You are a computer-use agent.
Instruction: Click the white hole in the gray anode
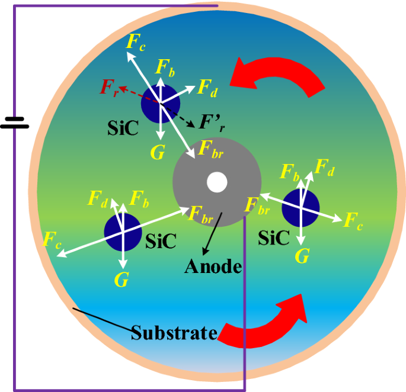click(x=217, y=182)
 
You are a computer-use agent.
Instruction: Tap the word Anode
click(x=213, y=266)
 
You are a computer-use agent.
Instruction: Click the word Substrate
click(x=174, y=332)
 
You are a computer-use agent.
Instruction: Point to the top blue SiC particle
click(x=160, y=103)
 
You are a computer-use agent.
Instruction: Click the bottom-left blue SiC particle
click(x=123, y=232)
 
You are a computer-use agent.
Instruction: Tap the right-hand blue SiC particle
click(x=300, y=208)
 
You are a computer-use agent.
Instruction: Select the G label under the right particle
click(x=302, y=256)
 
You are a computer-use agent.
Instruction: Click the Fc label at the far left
click(x=52, y=239)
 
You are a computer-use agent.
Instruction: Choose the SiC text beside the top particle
click(x=124, y=128)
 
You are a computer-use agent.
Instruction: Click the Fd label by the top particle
click(x=207, y=88)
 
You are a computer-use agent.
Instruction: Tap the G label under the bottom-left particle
click(x=122, y=280)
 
